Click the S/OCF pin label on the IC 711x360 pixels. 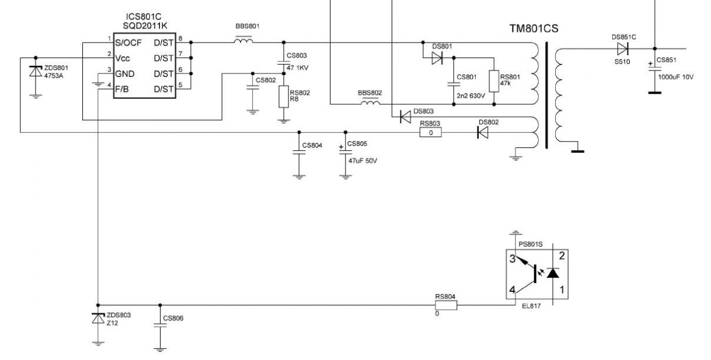pyautogui.click(x=128, y=43)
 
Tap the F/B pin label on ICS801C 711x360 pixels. pyautogui.click(x=122, y=89)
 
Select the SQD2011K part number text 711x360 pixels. pyautogui.click(x=145, y=26)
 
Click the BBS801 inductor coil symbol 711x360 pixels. pyautogui.click(x=244, y=40)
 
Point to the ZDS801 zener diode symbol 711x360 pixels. pyautogui.click(x=36, y=72)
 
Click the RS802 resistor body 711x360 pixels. pyautogui.click(x=284, y=97)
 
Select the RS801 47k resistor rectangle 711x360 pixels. pyautogui.click(x=494, y=81)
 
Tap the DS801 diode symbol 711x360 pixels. pyautogui.click(x=437, y=58)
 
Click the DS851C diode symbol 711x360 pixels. pyautogui.click(x=623, y=49)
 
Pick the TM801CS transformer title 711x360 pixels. pyautogui.click(x=534, y=28)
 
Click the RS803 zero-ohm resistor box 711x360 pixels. pyautogui.click(x=430, y=133)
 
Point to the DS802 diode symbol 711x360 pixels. pyautogui.click(x=482, y=132)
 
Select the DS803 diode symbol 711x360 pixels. pyautogui.click(x=405, y=117)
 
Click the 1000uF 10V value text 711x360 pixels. pyautogui.click(x=676, y=77)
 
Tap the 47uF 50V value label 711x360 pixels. pyautogui.click(x=363, y=161)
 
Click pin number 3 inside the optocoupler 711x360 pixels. pyautogui.click(x=513, y=259)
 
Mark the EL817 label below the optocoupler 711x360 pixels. pyautogui.click(x=531, y=306)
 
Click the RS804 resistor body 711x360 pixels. pyautogui.click(x=446, y=306)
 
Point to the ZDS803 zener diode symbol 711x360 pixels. pyautogui.click(x=98, y=319)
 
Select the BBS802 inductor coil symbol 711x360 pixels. pyautogui.click(x=370, y=102)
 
